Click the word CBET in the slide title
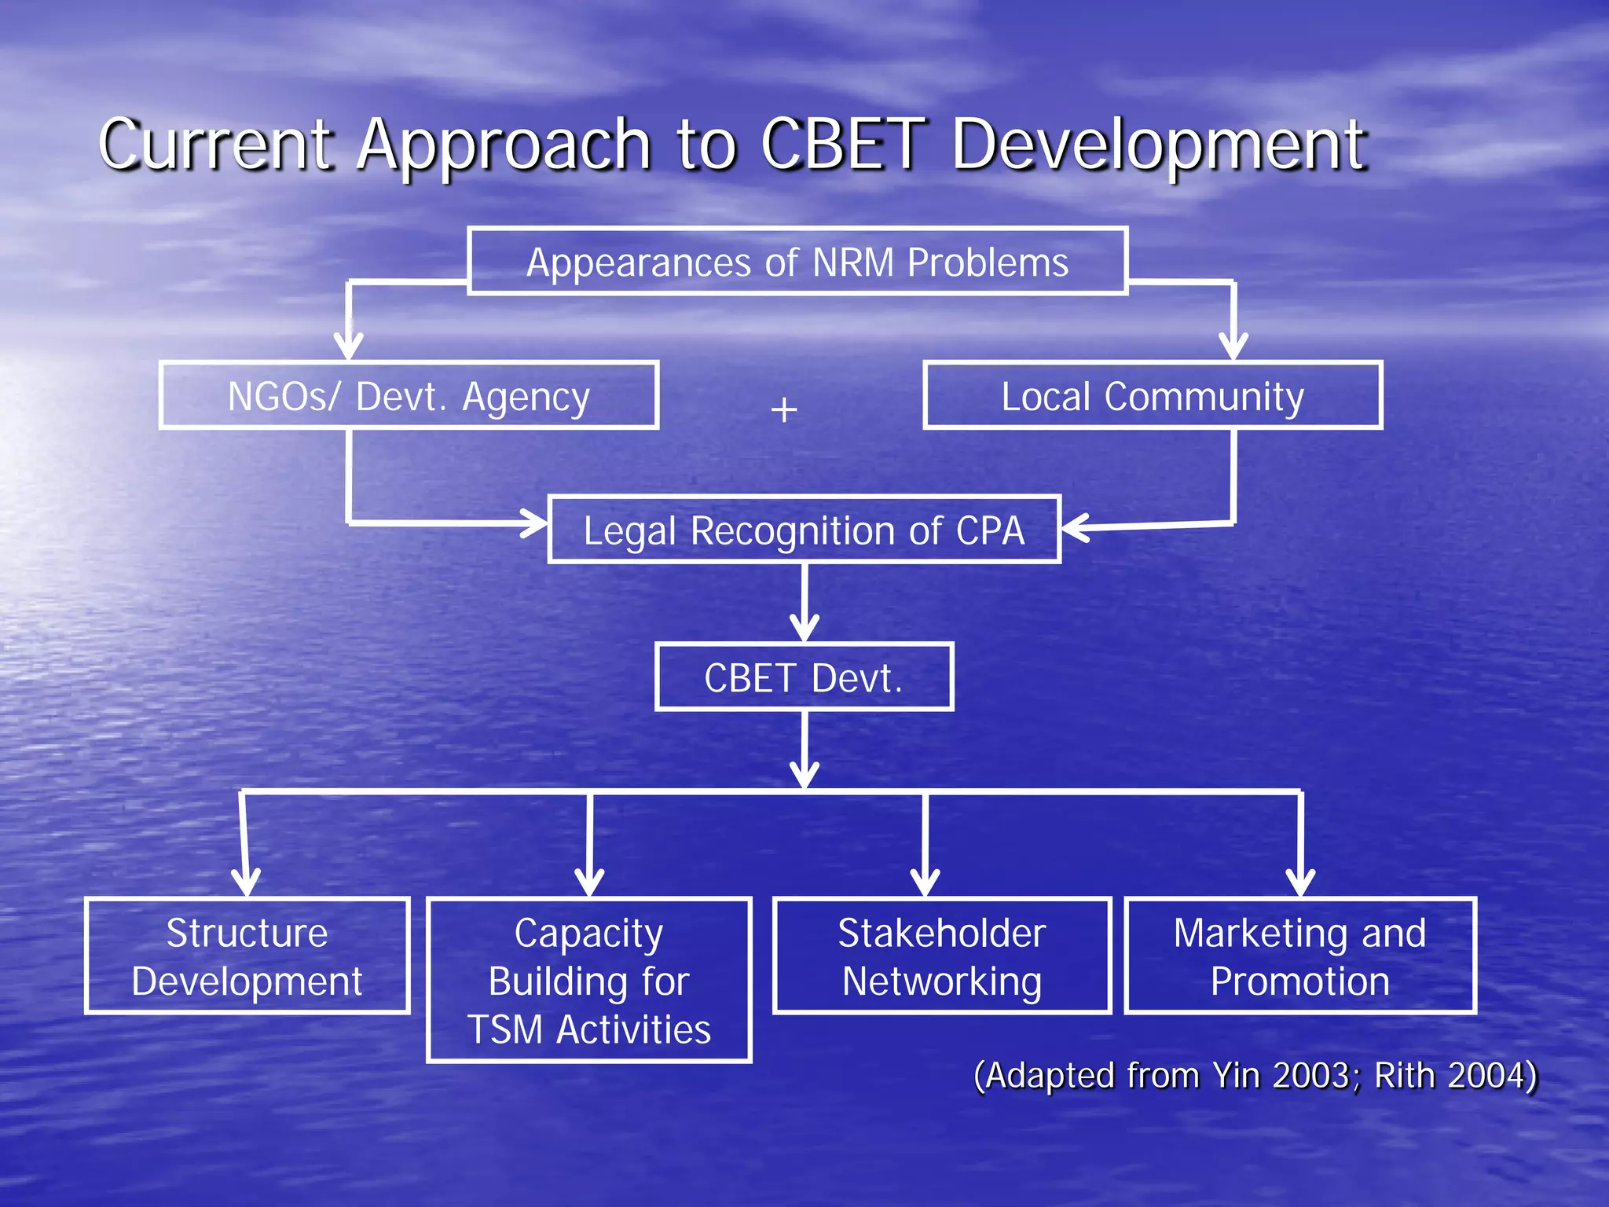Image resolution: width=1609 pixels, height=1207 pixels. (843, 145)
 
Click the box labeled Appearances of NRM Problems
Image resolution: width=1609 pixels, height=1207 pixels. (797, 262)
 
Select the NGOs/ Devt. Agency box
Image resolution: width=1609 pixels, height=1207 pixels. (409, 396)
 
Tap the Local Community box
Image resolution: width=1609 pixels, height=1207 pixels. (1152, 396)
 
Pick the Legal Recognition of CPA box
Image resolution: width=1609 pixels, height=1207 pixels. (804, 530)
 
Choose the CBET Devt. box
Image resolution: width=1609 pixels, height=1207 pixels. (804, 677)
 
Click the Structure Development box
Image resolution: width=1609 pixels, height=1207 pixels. (247, 956)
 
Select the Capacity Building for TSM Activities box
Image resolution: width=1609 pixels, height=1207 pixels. (588, 980)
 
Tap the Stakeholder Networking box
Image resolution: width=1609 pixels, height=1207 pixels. (941, 956)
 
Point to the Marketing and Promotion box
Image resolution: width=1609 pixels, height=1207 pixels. (1299, 956)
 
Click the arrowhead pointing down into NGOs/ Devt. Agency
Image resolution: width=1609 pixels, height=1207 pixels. (349, 346)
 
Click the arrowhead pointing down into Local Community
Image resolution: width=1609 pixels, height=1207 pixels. (1233, 346)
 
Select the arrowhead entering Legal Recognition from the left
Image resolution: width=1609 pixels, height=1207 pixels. (536, 523)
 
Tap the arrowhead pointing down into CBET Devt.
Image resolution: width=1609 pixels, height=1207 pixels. (804, 629)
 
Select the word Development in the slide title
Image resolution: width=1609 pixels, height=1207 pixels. (1160, 145)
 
